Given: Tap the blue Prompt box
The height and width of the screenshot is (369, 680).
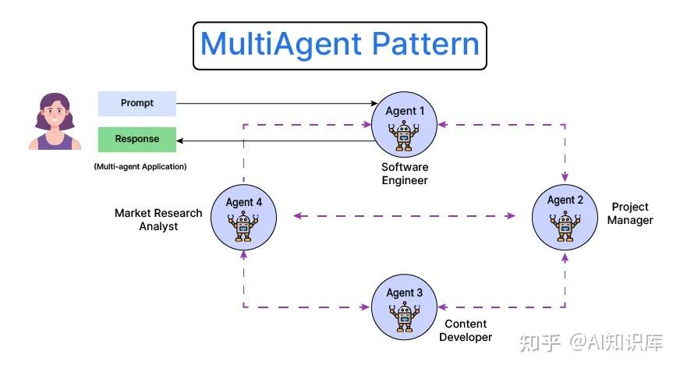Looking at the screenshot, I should (x=137, y=103).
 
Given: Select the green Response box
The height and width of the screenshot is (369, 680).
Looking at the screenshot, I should (x=137, y=139).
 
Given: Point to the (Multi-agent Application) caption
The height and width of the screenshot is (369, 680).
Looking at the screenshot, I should (x=140, y=166).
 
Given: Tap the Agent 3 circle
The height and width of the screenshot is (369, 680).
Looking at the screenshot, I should (x=405, y=307).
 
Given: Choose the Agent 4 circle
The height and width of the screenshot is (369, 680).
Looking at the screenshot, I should (x=243, y=216).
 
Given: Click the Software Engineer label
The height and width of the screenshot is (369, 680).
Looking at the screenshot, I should (x=405, y=174).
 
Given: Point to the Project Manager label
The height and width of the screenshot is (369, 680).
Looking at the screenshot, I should (x=630, y=214).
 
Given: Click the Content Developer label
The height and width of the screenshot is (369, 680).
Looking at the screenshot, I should (x=466, y=330).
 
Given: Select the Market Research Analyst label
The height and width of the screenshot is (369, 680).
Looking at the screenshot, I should (x=158, y=219).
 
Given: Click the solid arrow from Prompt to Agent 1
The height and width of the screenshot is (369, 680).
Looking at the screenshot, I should (x=273, y=103).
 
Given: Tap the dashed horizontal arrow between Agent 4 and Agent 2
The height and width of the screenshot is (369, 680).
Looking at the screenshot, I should (x=404, y=216).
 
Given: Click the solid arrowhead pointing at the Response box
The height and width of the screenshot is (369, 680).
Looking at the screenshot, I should (x=181, y=140).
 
